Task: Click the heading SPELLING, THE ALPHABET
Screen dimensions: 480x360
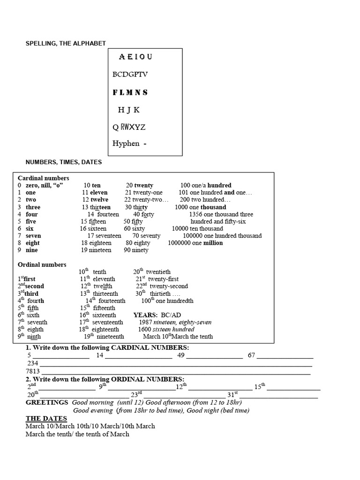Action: pyautogui.click(x=65, y=44)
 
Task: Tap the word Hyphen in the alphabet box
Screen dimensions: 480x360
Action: pyautogui.click(x=126, y=143)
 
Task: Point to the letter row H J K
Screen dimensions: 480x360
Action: pyautogui.click(x=128, y=110)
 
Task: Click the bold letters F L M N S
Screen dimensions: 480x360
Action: pyautogui.click(x=130, y=92)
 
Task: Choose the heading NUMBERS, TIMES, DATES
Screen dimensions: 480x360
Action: pyautogui.click(x=63, y=162)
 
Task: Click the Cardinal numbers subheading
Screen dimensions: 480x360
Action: pyautogui.click(x=43, y=178)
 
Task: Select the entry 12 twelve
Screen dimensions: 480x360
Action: pyautogui.click(x=95, y=200)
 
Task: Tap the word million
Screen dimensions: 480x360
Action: pyautogui.click(x=213, y=243)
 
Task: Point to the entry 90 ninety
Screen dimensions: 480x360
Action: pyautogui.click(x=136, y=250)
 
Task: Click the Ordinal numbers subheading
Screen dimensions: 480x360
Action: pyautogui.click(x=42, y=265)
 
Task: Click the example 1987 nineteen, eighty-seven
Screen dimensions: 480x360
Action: pyautogui.click(x=175, y=322)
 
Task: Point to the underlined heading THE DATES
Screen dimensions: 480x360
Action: pyautogui.click(x=46, y=418)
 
